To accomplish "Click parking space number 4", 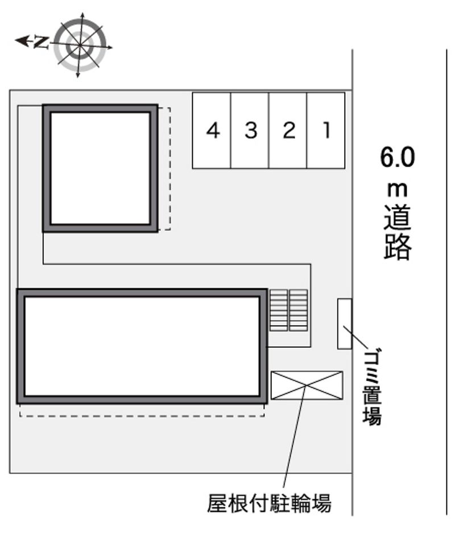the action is [x=212, y=130].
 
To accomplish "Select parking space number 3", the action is [x=250, y=130].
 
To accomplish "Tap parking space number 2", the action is [x=288, y=130].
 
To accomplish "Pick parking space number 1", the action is [x=326, y=130].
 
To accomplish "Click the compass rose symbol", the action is [x=80, y=45].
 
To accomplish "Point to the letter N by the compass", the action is [x=41, y=42].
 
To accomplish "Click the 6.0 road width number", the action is [x=398, y=158].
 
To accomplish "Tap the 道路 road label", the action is [x=398, y=232].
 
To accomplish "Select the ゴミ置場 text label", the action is [x=372, y=388].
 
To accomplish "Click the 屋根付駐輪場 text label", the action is [x=269, y=503].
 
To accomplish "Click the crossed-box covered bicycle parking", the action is [x=307, y=385].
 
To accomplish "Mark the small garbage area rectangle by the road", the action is [x=345, y=324].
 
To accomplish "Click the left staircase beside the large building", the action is [x=279, y=310].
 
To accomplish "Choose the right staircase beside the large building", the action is [x=299, y=310].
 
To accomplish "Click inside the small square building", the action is [x=100, y=168].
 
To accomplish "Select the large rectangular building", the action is [x=142, y=346].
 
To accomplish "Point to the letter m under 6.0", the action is [x=398, y=190].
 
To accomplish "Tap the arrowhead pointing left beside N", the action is [x=21, y=41].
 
